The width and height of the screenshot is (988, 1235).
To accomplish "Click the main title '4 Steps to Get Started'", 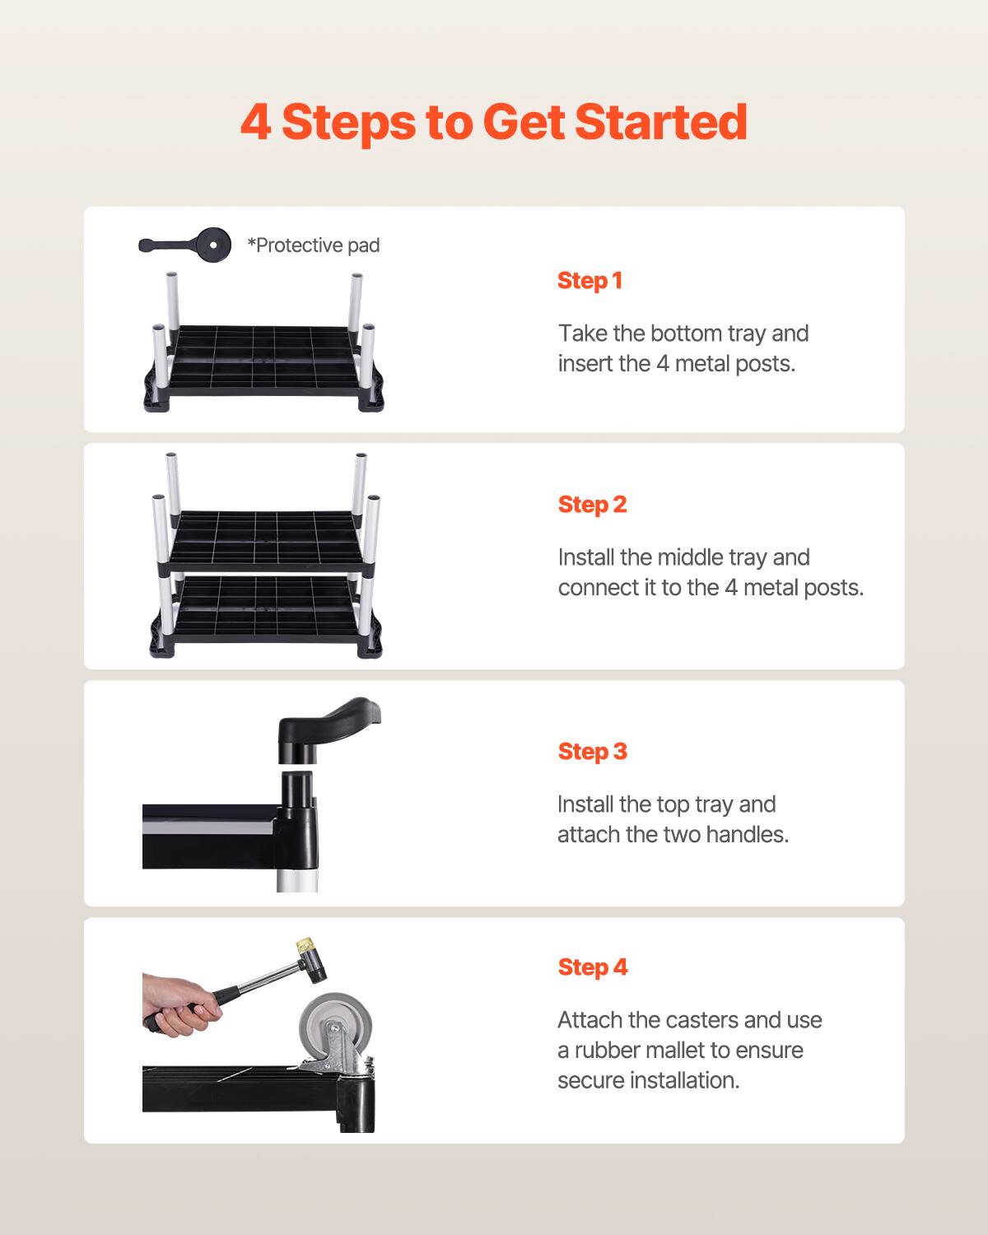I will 494,122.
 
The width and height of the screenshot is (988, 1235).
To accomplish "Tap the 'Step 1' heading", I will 590,281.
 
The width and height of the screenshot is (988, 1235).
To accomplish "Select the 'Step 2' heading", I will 592,505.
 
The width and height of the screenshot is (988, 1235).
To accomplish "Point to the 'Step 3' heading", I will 592,752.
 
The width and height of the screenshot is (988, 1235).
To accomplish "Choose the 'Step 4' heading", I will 592,967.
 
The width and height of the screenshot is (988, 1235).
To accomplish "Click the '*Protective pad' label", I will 314,245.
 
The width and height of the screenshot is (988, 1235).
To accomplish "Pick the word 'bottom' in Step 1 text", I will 684,333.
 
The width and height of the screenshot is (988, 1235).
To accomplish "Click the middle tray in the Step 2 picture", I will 263,539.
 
